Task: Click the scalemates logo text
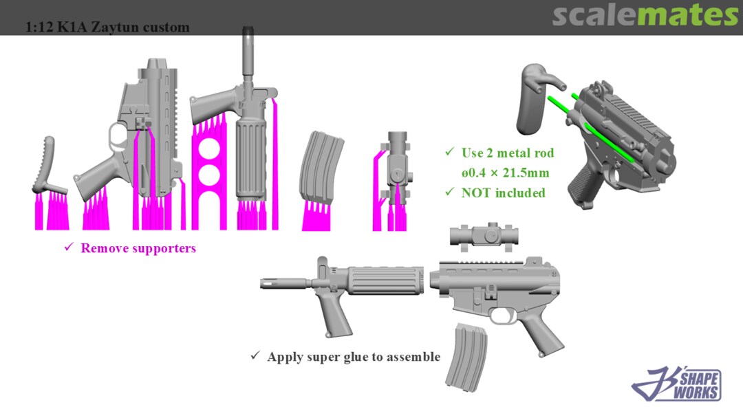pyautogui.click(x=645, y=15)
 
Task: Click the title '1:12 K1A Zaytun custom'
pyautogui.click(x=107, y=27)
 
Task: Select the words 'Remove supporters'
pyautogui.click(x=138, y=248)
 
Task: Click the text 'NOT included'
pyautogui.click(x=503, y=192)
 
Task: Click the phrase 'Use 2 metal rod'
pyautogui.click(x=508, y=153)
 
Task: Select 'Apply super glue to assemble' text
pyautogui.click(x=354, y=357)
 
